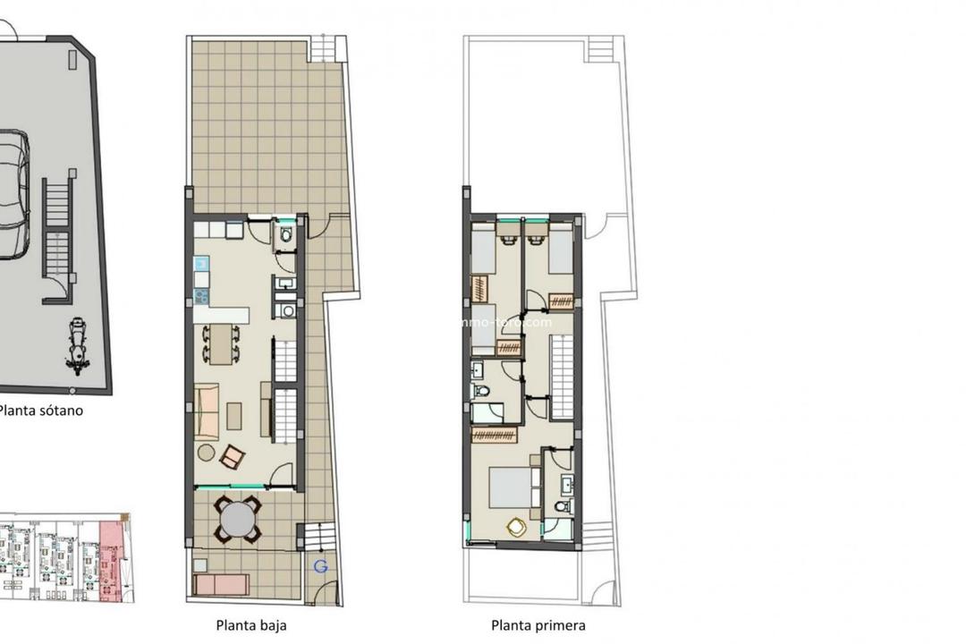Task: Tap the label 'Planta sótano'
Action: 41,411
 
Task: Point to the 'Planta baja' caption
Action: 251,626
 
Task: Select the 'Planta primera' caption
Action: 538,626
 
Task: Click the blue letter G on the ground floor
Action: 321,565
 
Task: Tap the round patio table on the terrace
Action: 238,519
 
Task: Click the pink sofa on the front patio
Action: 221,585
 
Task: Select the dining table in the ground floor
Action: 221,343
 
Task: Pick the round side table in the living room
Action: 207,453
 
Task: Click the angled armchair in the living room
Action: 231,457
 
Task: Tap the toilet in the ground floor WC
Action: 285,236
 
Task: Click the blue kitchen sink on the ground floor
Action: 201,264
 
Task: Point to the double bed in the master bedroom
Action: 512,488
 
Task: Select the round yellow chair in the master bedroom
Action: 517,528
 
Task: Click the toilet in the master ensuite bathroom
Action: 562,506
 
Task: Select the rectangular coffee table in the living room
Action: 234,416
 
